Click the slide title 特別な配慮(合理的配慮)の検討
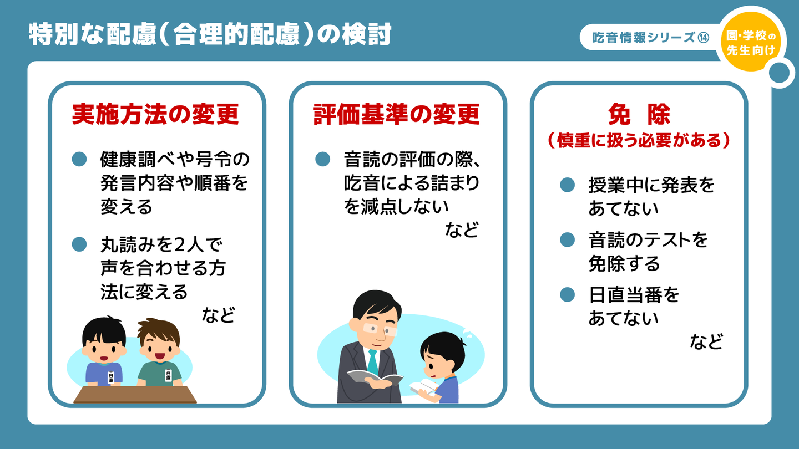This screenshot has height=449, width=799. coord(210,34)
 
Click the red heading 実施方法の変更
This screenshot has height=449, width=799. coord(155,114)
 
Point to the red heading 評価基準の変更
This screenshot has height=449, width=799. coord(396,114)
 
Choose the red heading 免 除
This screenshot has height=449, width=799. coord(639,114)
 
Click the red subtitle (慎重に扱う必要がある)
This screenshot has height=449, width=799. coord(639,140)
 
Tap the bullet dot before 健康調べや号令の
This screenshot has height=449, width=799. coord(79,159)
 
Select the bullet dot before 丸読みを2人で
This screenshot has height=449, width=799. coord(79,244)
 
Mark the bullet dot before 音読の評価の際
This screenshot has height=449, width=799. coord(323,159)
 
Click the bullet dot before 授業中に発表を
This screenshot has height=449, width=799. coord(567,185)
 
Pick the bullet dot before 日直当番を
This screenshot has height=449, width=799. coord(567,295)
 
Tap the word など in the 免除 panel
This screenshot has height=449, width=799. coord(706,341)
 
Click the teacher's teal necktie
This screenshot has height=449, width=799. coord(373,361)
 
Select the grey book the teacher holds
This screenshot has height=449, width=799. coord(374,377)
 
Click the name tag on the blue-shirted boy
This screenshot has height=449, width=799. coord(111,377)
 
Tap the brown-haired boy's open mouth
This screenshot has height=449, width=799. coord(159,356)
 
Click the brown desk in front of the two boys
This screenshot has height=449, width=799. coord(135,395)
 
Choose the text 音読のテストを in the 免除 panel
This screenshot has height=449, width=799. coord(648,240)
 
